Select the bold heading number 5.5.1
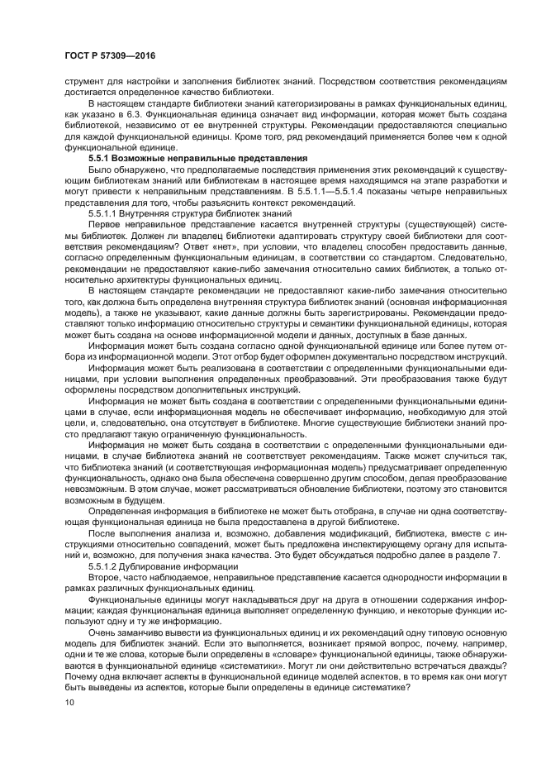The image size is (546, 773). pyautogui.click(x=102, y=158)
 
